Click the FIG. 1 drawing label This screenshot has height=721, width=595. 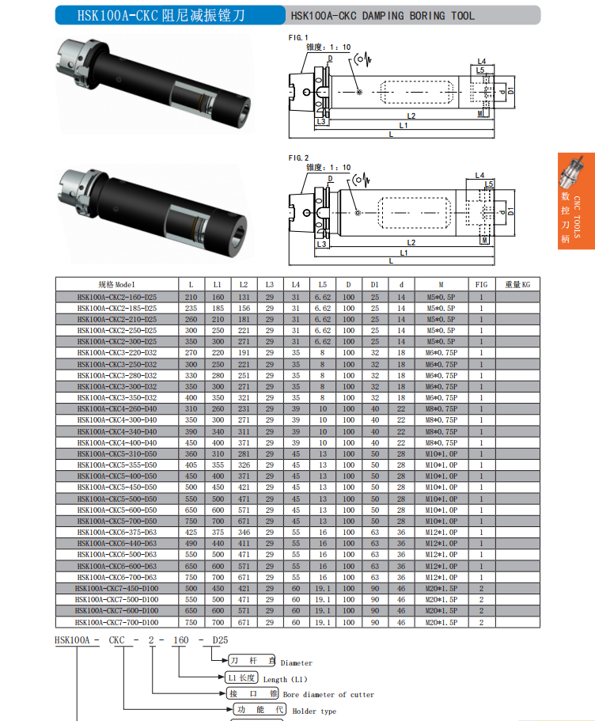[x=298, y=38]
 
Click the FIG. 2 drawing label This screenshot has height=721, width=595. [x=298, y=157]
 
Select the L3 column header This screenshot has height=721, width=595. [x=270, y=285]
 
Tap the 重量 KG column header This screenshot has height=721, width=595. [x=517, y=285]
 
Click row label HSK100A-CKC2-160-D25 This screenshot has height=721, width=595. [x=117, y=297]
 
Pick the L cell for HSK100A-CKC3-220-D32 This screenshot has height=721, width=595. [x=191, y=353]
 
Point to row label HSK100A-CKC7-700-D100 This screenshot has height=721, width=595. [x=117, y=622]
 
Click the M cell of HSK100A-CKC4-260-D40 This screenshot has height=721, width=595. [x=441, y=409]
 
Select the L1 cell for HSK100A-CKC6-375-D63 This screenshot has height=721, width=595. [x=218, y=532]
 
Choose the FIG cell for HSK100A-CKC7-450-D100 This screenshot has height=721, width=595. [x=481, y=589]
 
